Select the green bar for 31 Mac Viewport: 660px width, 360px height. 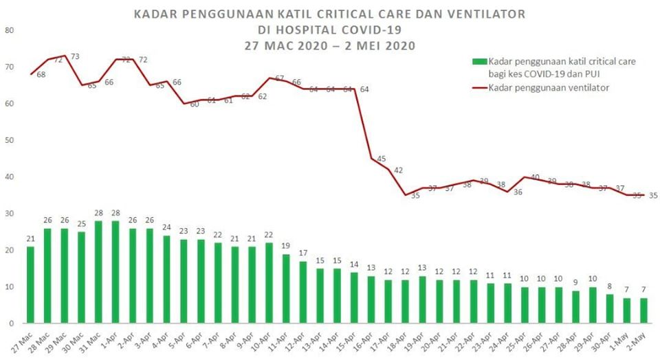99,272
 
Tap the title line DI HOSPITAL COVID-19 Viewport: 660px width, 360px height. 329,30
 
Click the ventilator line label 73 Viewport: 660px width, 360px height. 76,56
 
